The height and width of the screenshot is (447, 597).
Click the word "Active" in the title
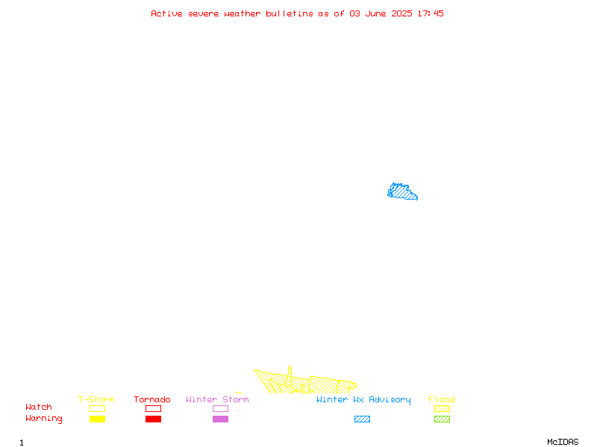(x=166, y=13)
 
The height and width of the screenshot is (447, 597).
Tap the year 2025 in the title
(x=401, y=13)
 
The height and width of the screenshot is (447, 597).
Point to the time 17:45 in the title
(x=431, y=13)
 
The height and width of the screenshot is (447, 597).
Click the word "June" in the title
(x=375, y=13)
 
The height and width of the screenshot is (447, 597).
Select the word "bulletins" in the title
(x=290, y=13)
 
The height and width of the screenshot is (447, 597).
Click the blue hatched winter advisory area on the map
(x=401, y=191)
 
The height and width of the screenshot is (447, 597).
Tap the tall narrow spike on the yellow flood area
(x=290, y=375)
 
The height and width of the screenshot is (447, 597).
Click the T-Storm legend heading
(x=96, y=399)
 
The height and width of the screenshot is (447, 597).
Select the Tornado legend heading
(x=152, y=399)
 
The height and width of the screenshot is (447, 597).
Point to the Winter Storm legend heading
(x=217, y=399)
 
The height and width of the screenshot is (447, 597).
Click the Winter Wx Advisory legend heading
(x=363, y=400)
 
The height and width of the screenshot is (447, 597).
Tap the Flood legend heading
(x=442, y=399)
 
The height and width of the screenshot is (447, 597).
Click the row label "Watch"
(x=39, y=407)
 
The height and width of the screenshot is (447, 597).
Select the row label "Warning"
(x=44, y=419)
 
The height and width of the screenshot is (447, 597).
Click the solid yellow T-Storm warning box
(x=98, y=419)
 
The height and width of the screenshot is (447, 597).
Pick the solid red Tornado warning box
(x=154, y=419)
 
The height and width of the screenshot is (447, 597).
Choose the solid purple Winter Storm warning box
(x=220, y=419)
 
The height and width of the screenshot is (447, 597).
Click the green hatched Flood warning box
(x=442, y=419)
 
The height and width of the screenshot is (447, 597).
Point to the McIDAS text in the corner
(x=563, y=442)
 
